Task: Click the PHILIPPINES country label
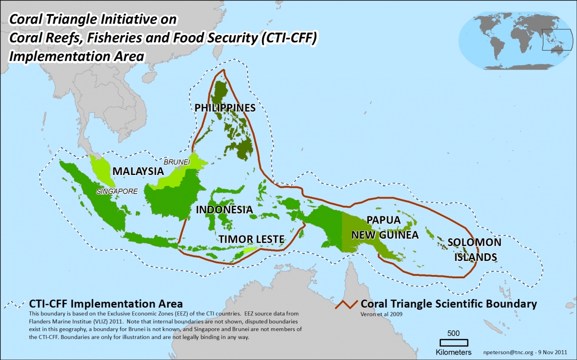(x=225, y=108)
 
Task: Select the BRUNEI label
(x=177, y=162)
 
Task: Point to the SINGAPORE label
(x=117, y=191)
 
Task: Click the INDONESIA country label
(x=224, y=210)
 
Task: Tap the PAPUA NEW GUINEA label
(x=385, y=227)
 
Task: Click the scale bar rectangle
(x=454, y=343)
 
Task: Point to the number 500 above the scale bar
(x=454, y=333)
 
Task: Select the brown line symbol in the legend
(x=346, y=304)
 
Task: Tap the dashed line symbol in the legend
(x=14, y=304)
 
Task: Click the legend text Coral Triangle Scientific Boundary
(x=448, y=304)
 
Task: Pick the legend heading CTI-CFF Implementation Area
(x=106, y=304)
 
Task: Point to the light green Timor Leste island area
(x=251, y=250)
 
